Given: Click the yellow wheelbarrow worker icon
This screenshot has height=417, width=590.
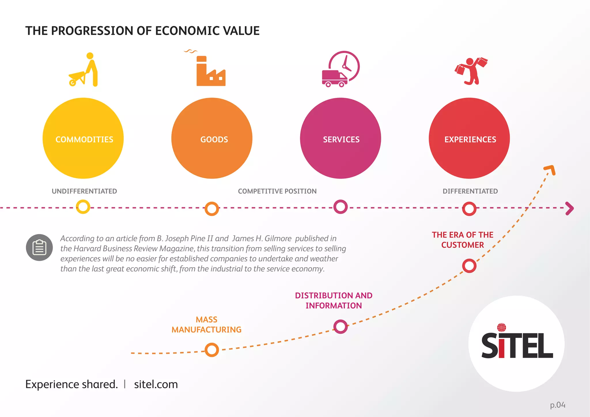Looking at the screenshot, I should [x=84, y=70].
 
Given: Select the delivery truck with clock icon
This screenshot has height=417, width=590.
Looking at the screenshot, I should [x=341, y=69].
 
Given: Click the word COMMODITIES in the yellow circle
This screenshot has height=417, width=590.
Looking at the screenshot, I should [x=84, y=139].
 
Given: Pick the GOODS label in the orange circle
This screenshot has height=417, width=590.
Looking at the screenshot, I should [x=214, y=139].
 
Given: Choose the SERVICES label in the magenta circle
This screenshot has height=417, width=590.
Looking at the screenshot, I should [x=341, y=139].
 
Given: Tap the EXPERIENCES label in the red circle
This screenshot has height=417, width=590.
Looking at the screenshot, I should [x=470, y=139].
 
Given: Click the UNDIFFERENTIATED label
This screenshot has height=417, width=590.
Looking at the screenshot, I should [x=84, y=191].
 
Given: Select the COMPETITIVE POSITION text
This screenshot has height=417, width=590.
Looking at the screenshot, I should [x=277, y=191].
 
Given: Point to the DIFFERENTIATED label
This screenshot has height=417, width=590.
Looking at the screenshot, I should [x=470, y=191].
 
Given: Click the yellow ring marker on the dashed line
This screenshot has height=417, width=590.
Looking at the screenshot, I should [x=83, y=207].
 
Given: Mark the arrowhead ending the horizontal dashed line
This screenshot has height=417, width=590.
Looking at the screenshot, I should [x=570, y=208].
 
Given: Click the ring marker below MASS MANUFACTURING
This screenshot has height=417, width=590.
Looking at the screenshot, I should [x=212, y=350].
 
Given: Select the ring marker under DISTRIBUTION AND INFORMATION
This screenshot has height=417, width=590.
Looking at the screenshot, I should [x=341, y=327].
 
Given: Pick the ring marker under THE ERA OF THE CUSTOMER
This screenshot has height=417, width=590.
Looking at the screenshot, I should [x=469, y=266].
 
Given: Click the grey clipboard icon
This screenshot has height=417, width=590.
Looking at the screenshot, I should [x=39, y=247].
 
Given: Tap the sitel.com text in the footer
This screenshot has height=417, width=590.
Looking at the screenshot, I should [x=156, y=384].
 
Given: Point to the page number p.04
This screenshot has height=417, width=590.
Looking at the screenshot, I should [x=557, y=405].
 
